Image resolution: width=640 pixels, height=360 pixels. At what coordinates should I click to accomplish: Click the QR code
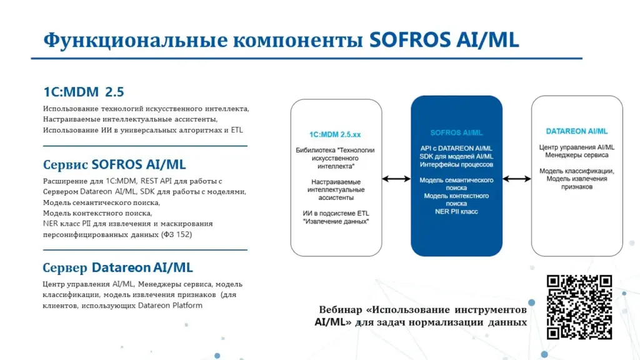(579, 307)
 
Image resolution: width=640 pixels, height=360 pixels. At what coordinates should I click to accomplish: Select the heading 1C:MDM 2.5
(84, 92)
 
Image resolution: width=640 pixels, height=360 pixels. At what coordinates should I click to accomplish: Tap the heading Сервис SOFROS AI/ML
(114, 164)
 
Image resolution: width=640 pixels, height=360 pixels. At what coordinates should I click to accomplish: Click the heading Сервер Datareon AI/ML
(117, 267)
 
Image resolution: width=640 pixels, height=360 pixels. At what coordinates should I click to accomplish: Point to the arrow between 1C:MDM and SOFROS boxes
(396, 179)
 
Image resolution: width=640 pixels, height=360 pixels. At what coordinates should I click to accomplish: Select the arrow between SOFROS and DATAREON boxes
(517, 179)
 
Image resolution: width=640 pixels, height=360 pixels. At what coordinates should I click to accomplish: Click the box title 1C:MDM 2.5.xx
(335, 134)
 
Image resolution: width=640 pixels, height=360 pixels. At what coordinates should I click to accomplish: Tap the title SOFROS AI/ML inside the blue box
(456, 132)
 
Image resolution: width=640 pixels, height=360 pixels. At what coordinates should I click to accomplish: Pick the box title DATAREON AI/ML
(577, 131)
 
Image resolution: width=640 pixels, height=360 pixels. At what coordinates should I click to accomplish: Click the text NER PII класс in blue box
(456, 211)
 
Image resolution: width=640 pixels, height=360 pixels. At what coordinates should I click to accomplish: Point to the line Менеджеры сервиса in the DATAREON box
(577, 155)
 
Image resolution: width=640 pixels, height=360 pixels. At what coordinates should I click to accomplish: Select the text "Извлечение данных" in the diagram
(336, 221)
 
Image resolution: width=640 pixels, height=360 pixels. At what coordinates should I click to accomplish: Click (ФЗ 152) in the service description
(176, 234)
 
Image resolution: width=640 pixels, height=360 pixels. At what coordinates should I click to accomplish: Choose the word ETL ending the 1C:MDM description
(237, 130)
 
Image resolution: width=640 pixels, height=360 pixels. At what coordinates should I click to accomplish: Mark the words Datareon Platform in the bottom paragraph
(170, 305)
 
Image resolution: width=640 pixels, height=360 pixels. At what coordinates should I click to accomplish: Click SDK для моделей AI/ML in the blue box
(456, 156)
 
